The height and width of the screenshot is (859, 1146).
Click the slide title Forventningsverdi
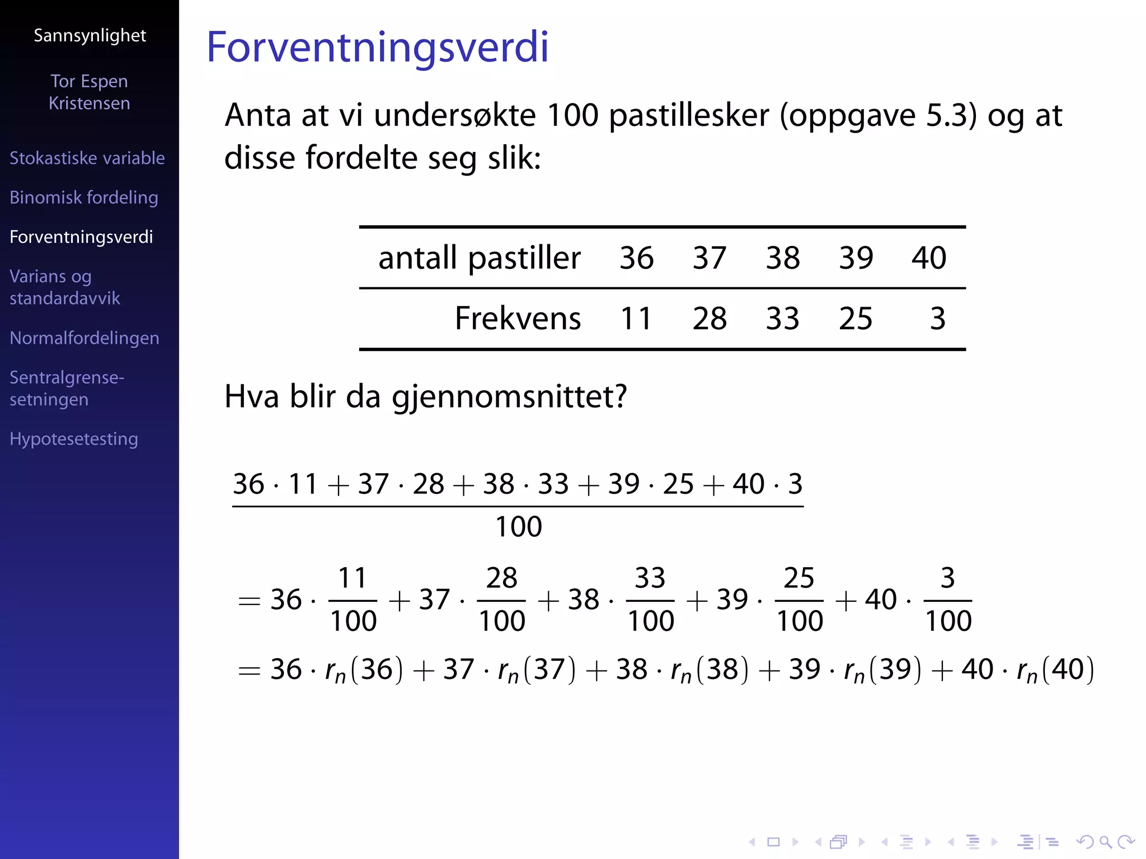[377, 47]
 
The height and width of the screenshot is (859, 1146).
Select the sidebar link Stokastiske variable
[87, 158]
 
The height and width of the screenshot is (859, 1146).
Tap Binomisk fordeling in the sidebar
[84, 197]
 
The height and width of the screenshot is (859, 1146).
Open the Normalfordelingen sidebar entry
[84, 338]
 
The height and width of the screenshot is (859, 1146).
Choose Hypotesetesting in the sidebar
[74, 439]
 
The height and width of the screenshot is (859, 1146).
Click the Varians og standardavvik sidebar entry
[65, 287]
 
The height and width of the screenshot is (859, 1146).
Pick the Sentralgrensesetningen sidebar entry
[67, 388]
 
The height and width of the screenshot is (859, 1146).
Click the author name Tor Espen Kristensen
[90, 92]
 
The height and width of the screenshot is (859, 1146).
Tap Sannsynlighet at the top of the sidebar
[90, 36]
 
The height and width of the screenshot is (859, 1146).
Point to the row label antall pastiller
[480, 258]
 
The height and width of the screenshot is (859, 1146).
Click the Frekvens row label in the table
[518, 319]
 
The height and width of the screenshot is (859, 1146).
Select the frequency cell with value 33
[782, 319]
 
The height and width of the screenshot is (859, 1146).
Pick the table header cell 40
[928, 258]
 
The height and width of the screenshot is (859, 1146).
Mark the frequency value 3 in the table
[937, 319]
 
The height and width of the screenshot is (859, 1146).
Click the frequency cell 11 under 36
[636, 319]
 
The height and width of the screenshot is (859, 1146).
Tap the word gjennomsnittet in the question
[509, 397]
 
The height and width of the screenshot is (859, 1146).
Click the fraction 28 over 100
[501, 600]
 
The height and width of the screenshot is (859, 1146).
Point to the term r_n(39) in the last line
[882, 669]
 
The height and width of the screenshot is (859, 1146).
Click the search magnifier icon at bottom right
[1105, 842]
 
